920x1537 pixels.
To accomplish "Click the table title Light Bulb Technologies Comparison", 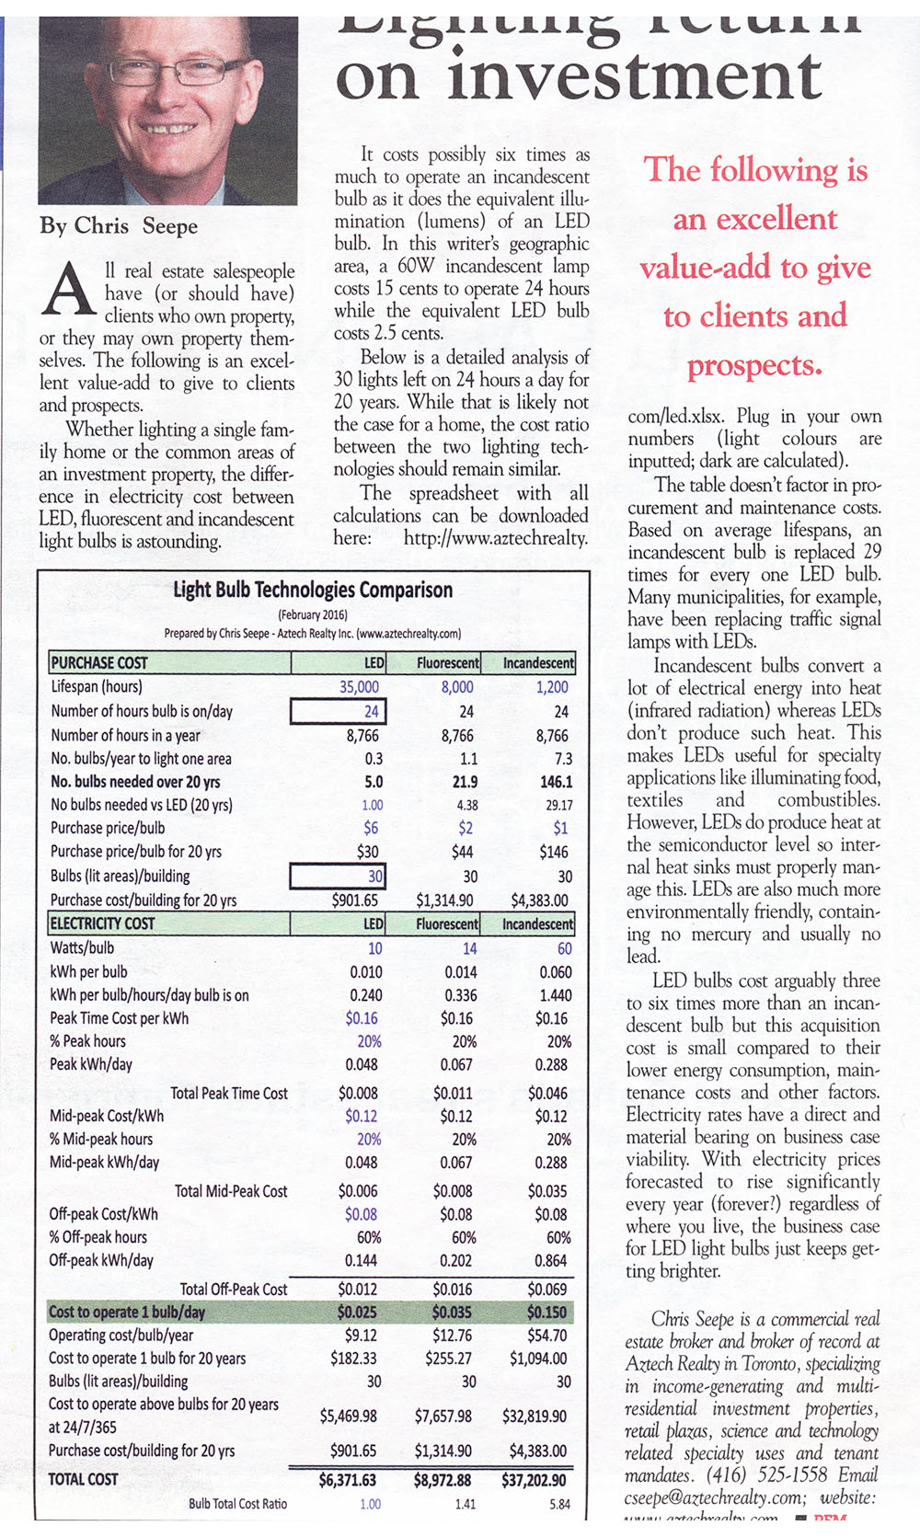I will [313, 590].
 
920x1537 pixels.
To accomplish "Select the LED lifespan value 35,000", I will [359, 687].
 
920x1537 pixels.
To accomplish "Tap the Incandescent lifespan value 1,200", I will [552, 687].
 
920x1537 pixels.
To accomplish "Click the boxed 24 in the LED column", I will [339, 712].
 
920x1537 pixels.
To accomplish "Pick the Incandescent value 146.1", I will [556, 782].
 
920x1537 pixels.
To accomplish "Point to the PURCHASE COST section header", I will [99, 663].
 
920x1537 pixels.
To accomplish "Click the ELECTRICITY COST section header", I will [102, 923].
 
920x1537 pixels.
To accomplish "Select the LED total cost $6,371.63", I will [348, 1480].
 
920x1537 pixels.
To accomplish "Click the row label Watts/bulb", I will [82, 948].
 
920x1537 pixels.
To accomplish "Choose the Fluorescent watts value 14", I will [469, 948].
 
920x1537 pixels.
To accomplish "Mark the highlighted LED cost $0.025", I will [357, 1313].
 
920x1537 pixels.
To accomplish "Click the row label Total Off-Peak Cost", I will [234, 1290].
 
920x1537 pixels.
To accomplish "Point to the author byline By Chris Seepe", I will [119, 226].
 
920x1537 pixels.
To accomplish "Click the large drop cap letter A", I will [67, 288].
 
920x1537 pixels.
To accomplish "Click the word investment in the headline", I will [635, 78].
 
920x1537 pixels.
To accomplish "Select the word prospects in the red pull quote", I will [753, 366].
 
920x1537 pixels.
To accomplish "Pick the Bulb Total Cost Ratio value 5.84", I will [559, 1505].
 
